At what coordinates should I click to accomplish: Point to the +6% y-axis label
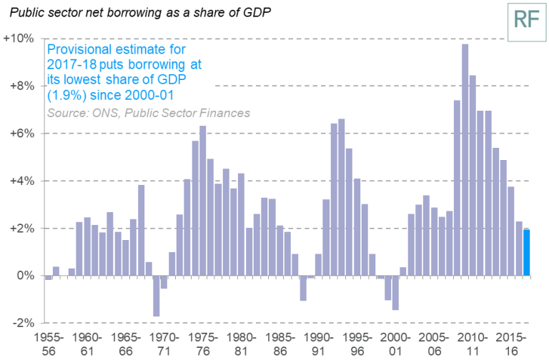point(21,134)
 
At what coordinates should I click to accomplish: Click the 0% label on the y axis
point(25,276)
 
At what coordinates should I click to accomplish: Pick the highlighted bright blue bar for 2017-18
point(526,252)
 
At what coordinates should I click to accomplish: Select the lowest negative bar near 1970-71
point(156,296)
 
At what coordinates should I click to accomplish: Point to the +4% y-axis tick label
point(21,181)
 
